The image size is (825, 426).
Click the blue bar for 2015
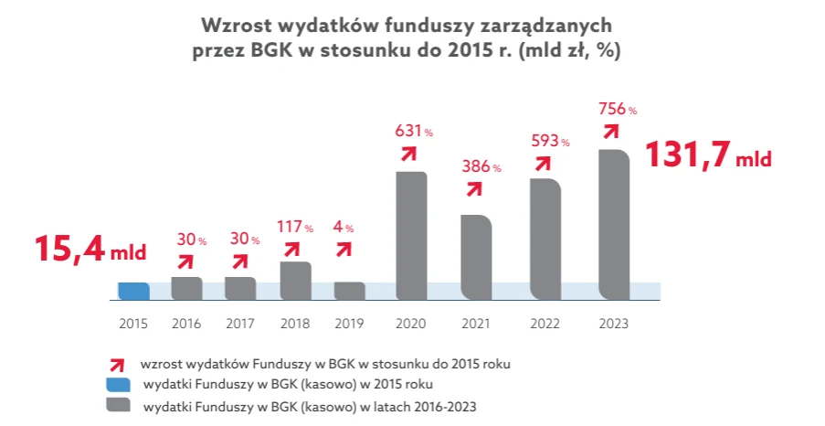pyautogui.click(x=133, y=291)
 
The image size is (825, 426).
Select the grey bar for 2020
pyautogui.click(x=411, y=236)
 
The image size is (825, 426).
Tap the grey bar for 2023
pyautogui.click(x=614, y=225)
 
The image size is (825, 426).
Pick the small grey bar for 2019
pyautogui.click(x=349, y=291)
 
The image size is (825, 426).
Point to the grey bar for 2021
pyautogui.click(x=476, y=257)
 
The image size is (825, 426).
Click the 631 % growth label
pyautogui.click(x=413, y=131)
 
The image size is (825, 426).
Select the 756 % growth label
pyautogui.click(x=617, y=109)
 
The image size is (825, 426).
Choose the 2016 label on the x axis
pyautogui.click(x=186, y=323)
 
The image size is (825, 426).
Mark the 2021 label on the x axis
pyautogui.click(x=476, y=323)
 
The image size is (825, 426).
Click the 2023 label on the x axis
pyautogui.click(x=613, y=323)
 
